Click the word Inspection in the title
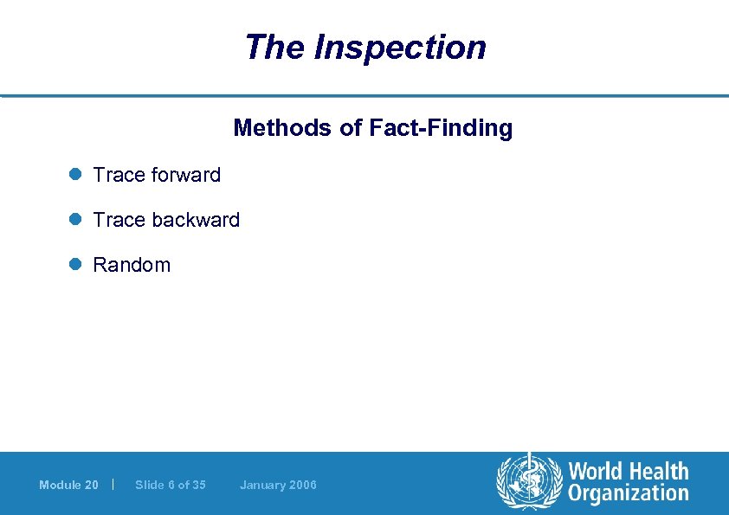pos(400,47)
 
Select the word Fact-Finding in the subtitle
pos(441,129)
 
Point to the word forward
pos(186,175)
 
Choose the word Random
pos(132,265)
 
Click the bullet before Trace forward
pos(75,175)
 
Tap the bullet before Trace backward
pos(75,220)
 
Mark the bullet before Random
pos(75,265)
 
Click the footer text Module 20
pos(68,485)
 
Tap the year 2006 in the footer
pos(304,485)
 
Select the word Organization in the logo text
pos(629,494)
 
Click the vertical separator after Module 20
pos(114,484)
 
